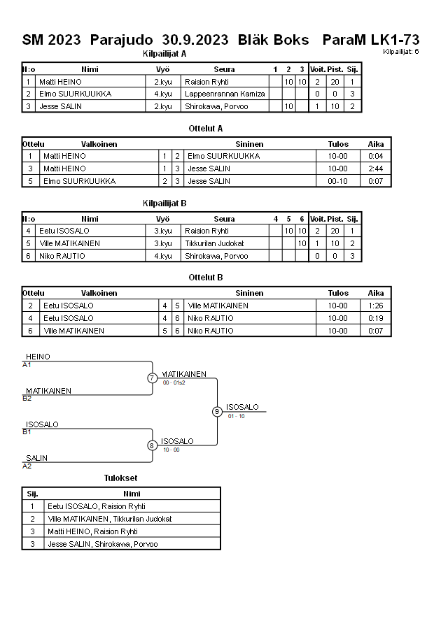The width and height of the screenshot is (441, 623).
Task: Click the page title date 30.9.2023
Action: pyautogui.click(x=195, y=40)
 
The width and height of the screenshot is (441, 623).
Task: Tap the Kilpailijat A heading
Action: pyautogui.click(x=164, y=53)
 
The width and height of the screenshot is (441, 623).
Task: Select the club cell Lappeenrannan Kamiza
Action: pyautogui.click(x=225, y=94)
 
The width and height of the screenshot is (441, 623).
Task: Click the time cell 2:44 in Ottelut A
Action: pyautogui.click(x=376, y=169)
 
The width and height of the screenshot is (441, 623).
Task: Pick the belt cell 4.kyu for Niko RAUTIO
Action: pyautogui.click(x=162, y=256)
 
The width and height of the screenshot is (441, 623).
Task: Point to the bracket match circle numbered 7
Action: pyautogui.click(x=153, y=378)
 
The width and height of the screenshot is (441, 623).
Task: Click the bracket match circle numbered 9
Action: pyautogui.click(x=217, y=411)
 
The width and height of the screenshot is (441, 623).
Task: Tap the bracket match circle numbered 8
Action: pyautogui.click(x=152, y=445)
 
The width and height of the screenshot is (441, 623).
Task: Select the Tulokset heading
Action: pyautogui.click(x=121, y=478)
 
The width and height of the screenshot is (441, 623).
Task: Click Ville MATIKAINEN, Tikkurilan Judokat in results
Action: pyautogui.click(x=109, y=519)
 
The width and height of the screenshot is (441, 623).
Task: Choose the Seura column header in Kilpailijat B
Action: pyautogui.click(x=224, y=219)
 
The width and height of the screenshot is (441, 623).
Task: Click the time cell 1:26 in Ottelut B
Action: pyautogui.click(x=376, y=306)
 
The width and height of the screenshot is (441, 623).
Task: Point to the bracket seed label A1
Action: pyautogui.click(x=27, y=365)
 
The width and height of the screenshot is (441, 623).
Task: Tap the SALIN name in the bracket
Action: pyautogui.click(x=37, y=458)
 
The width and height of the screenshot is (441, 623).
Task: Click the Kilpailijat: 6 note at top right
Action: pyautogui.click(x=401, y=52)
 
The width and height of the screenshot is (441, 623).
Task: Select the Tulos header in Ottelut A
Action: pyautogui.click(x=338, y=144)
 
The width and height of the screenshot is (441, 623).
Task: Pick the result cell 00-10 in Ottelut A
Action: pyautogui.click(x=338, y=181)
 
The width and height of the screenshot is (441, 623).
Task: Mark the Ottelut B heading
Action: pyautogui.click(x=206, y=278)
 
